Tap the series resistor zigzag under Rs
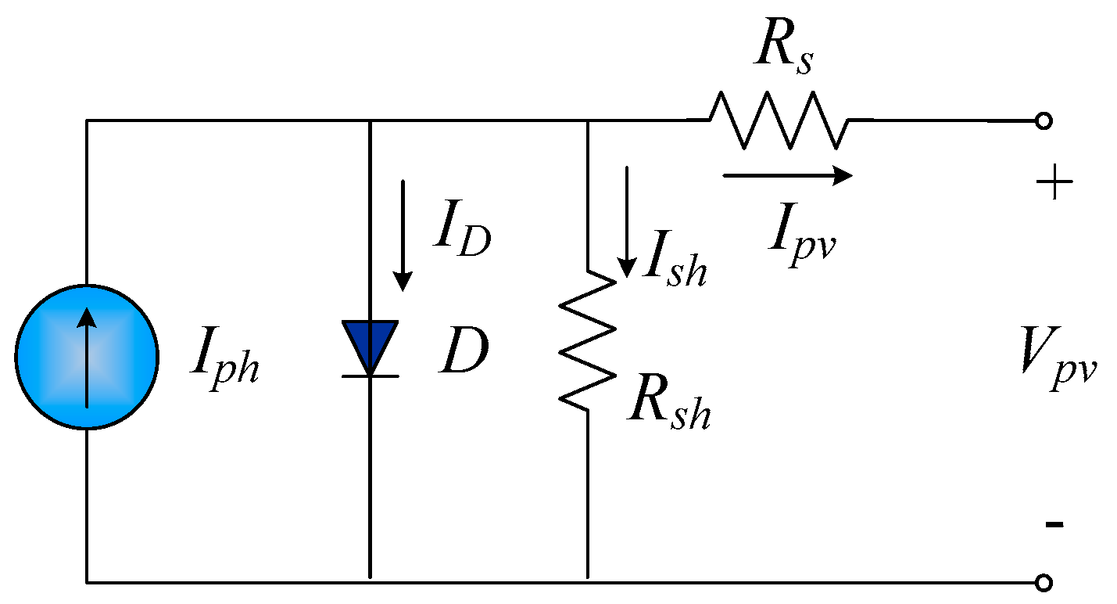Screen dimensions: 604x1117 pos(779,120)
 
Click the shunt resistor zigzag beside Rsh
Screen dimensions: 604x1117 pos(587,340)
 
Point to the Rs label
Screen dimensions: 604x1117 pos(782,51)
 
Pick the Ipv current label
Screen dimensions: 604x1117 pos(802,230)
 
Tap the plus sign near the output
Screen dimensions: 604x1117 pos(1054,185)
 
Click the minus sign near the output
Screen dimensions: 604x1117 pos(1054,524)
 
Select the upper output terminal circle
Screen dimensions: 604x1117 pos(1043,121)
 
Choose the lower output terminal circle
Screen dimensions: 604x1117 pos(1043,583)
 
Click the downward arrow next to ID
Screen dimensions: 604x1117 pos(403,235)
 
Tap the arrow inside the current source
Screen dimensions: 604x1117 pos(87,356)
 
